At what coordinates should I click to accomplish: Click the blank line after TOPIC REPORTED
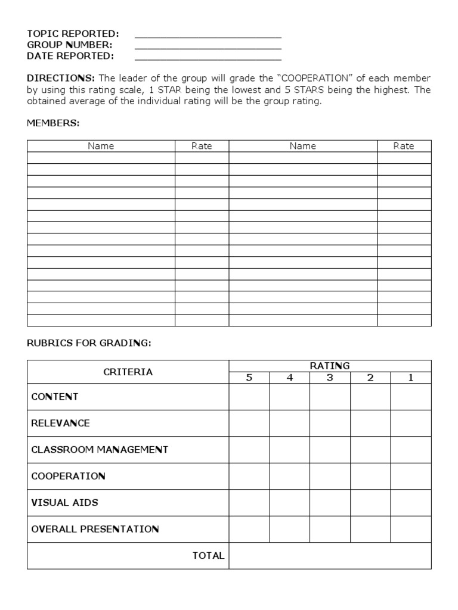(208, 34)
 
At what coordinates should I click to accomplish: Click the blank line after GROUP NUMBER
(208, 45)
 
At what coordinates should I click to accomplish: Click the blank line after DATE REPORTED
(208, 57)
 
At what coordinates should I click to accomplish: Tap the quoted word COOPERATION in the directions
(315, 79)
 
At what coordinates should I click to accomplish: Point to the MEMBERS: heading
(53, 123)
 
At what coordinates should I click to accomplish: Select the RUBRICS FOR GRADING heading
(89, 343)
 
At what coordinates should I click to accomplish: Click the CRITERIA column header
(128, 372)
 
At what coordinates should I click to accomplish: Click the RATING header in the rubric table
(330, 366)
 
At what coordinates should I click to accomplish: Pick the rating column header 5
(249, 378)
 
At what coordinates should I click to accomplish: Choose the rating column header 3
(330, 378)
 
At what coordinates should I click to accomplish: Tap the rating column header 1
(410, 378)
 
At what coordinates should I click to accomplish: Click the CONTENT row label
(54, 397)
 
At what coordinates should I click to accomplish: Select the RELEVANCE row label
(60, 423)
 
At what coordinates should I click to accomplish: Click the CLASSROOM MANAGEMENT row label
(100, 450)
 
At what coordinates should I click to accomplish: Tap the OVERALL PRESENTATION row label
(95, 529)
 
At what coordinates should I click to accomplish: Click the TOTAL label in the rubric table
(208, 556)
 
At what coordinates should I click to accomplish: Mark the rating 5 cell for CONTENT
(249, 397)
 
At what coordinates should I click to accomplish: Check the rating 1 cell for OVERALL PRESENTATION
(410, 529)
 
